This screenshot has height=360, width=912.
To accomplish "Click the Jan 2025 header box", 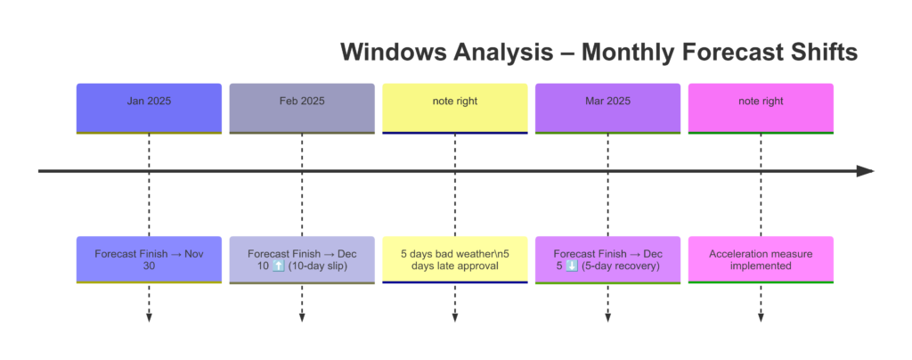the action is pyautogui.click(x=149, y=109).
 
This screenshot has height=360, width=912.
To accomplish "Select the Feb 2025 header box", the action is pyautogui.click(x=302, y=109).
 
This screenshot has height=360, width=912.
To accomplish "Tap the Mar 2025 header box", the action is pyautogui.click(x=607, y=109).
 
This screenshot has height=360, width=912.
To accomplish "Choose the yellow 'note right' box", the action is pyautogui.click(x=455, y=109).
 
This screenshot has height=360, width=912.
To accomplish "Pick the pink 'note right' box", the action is pyautogui.click(x=761, y=109).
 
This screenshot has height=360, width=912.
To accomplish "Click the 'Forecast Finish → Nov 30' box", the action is pyautogui.click(x=149, y=260).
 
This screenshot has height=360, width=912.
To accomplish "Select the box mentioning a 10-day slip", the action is pyautogui.click(x=302, y=260).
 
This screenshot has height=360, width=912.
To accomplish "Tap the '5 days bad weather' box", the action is pyautogui.click(x=455, y=260).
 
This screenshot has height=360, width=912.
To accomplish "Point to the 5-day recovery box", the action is pyautogui.click(x=607, y=260).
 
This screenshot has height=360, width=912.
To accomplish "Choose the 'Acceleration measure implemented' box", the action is pyautogui.click(x=761, y=260).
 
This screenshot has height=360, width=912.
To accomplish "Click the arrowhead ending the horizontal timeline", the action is pyautogui.click(x=866, y=171).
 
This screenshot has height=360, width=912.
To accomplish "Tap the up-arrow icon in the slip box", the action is pyautogui.click(x=278, y=266).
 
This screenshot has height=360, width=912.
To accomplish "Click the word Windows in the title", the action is pyautogui.click(x=393, y=53).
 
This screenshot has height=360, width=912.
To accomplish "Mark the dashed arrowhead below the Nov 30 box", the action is pyautogui.click(x=149, y=317).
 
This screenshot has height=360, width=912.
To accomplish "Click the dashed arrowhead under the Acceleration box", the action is pyautogui.click(x=761, y=317).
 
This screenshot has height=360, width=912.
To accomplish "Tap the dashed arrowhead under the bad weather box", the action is pyautogui.click(x=455, y=317).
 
